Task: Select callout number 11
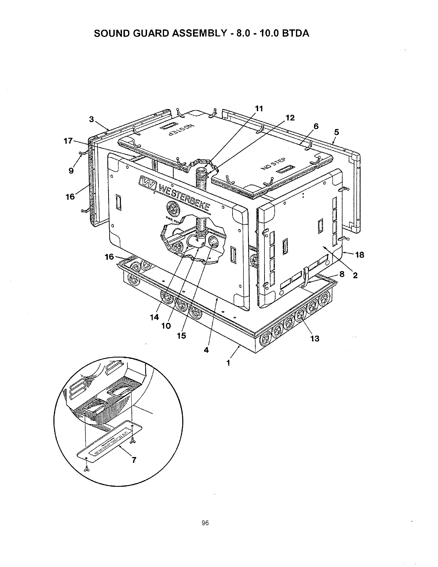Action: pos(259,109)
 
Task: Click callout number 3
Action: pos(91,119)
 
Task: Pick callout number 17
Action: pos(68,141)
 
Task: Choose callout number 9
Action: pos(71,171)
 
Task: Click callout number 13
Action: pos(315,338)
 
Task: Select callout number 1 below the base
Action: pos(228,363)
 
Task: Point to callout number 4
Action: pos(206,350)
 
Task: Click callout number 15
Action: pos(181,336)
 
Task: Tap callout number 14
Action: pos(154,317)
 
